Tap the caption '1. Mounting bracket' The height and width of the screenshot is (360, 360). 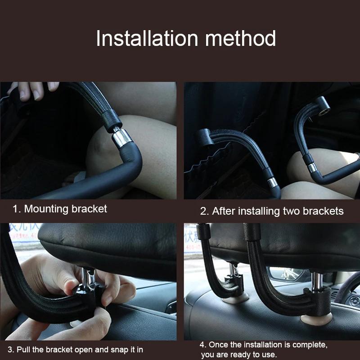tap(60, 209)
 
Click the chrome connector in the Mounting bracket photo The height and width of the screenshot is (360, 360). tap(121, 137)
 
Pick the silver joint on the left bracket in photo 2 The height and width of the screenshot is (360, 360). tap(272, 182)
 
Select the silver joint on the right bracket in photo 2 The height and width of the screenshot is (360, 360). tap(312, 168)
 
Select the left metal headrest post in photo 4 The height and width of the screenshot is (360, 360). tap(232, 272)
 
